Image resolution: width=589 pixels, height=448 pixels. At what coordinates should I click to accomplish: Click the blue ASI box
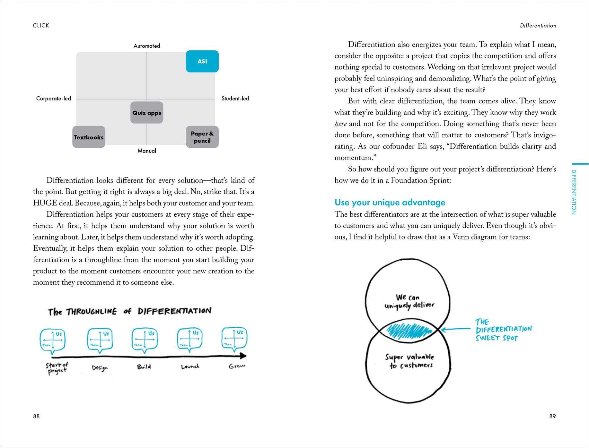pyautogui.click(x=202, y=61)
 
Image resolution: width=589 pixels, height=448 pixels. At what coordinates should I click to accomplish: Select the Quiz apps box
pyautogui.click(x=147, y=113)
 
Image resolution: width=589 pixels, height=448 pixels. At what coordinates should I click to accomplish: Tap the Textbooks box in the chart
pyautogui.click(x=89, y=137)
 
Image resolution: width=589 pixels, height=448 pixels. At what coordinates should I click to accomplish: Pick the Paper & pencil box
pyautogui.click(x=202, y=137)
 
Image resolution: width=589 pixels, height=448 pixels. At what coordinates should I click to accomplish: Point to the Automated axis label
pyautogui.click(x=147, y=46)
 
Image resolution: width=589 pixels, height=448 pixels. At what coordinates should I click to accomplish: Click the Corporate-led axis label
pyautogui.click(x=54, y=99)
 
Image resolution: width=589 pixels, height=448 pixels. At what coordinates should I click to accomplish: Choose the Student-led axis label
pyautogui.click(x=235, y=99)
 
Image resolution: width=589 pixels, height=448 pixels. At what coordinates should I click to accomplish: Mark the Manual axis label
pyautogui.click(x=147, y=151)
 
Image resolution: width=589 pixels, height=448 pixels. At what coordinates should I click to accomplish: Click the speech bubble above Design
pyautogui.click(x=100, y=340)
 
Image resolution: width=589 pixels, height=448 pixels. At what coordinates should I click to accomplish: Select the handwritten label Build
pyautogui.click(x=144, y=367)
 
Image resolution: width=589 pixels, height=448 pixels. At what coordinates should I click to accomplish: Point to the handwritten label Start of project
pyautogui.click(x=57, y=368)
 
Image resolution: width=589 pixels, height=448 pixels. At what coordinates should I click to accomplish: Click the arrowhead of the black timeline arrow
pyautogui.click(x=243, y=356)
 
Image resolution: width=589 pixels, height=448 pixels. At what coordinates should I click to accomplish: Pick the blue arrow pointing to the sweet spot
pyautogui.click(x=456, y=329)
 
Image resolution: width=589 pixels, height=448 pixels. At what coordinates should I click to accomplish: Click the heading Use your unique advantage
pyautogui.click(x=390, y=202)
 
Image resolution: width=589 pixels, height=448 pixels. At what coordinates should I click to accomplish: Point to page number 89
pyautogui.click(x=552, y=416)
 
